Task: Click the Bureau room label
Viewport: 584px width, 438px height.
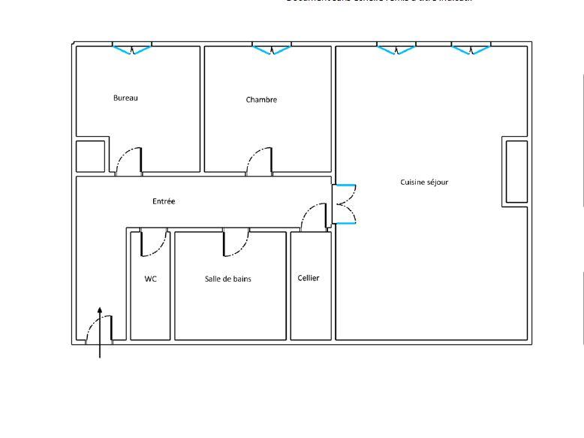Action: (125, 98)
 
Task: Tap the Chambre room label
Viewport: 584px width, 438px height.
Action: (261, 100)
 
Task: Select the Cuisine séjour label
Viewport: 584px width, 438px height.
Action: (424, 182)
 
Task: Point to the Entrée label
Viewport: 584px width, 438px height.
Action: (164, 201)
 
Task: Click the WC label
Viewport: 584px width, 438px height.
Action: (151, 279)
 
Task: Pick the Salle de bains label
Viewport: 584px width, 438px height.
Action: (228, 279)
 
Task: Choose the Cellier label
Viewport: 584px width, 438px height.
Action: (309, 278)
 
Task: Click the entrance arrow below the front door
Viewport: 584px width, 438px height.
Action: (100, 331)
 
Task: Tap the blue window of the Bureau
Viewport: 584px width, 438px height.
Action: (132, 50)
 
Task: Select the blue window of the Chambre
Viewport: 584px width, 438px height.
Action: (272, 50)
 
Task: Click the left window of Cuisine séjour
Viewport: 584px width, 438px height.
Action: (396, 50)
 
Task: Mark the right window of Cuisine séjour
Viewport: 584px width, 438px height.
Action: (471, 50)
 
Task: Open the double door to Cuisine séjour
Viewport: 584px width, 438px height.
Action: (345, 204)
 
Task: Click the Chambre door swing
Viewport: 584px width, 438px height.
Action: (260, 161)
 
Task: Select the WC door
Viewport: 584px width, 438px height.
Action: (155, 242)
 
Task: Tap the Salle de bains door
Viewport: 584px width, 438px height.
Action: (236, 242)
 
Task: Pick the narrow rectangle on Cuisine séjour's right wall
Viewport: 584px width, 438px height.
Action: (516, 172)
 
